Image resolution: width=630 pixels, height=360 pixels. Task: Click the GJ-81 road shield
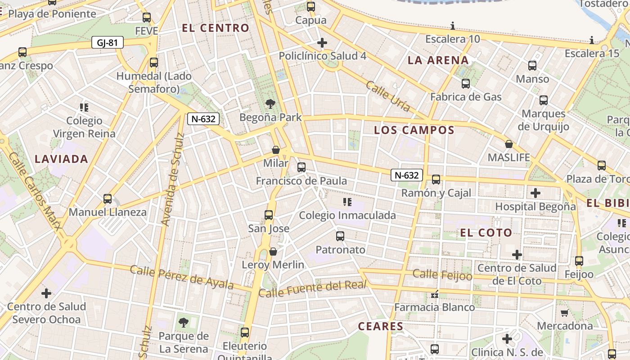tap(107, 43)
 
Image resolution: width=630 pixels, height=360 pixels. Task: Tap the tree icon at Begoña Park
tap(270, 104)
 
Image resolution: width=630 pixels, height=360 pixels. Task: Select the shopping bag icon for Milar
tap(276, 149)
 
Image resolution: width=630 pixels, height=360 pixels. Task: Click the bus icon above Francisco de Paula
tap(301, 167)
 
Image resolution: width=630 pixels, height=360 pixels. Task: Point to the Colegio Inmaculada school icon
tap(347, 202)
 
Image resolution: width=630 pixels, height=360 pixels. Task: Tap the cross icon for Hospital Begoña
tap(535, 193)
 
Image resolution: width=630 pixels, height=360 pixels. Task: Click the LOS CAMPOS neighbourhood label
tap(414, 130)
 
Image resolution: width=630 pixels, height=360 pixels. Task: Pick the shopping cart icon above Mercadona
tap(565, 312)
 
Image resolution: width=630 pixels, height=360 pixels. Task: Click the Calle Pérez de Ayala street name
tap(182, 277)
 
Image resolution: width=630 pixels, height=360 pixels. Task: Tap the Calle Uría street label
tap(388, 96)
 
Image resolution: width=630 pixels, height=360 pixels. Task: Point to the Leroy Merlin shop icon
tap(273, 252)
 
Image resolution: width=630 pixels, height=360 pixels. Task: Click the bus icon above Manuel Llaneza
tap(108, 198)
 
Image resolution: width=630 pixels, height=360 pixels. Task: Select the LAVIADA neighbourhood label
tap(61, 159)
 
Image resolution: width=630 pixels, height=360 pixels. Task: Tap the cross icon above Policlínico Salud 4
tap(322, 43)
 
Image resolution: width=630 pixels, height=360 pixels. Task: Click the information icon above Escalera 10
tap(453, 26)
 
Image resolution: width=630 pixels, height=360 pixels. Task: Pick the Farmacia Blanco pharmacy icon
tap(435, 295)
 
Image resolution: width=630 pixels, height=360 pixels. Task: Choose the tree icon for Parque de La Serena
tap(184, 322)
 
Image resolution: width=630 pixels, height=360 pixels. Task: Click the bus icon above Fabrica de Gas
tap(466, 84)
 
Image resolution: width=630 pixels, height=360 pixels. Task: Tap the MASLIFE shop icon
tap(509, 144)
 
